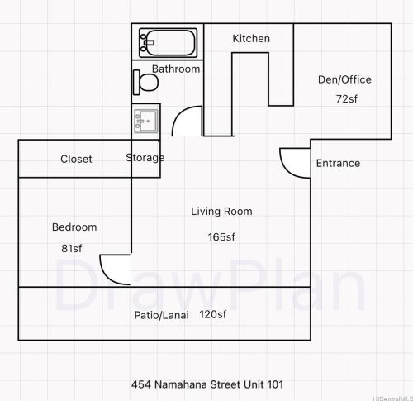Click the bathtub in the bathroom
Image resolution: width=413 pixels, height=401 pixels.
pos(168,41)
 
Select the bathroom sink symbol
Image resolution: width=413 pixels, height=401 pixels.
pos(146,121)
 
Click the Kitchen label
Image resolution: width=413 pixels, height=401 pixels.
pos(251,39)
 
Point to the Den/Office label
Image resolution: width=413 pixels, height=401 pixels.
pos(344,80)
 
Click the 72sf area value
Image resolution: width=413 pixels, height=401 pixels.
pos(344,99)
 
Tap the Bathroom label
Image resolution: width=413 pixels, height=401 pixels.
pos(176,69)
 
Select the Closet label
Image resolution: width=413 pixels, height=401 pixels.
pos(76,160)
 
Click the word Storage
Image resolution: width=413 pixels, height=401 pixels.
pos(145,158)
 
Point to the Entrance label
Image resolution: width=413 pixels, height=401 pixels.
pos(338,164)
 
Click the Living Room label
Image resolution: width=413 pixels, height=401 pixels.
pos(221,212)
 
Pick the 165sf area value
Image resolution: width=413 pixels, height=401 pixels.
pos(221,237)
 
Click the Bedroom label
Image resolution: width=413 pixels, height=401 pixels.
pos(74,227)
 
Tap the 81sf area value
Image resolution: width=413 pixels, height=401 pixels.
pos(71,249)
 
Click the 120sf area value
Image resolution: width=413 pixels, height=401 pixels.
pos(213,315)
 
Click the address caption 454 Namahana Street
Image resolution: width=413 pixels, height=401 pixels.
pos(206,384)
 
